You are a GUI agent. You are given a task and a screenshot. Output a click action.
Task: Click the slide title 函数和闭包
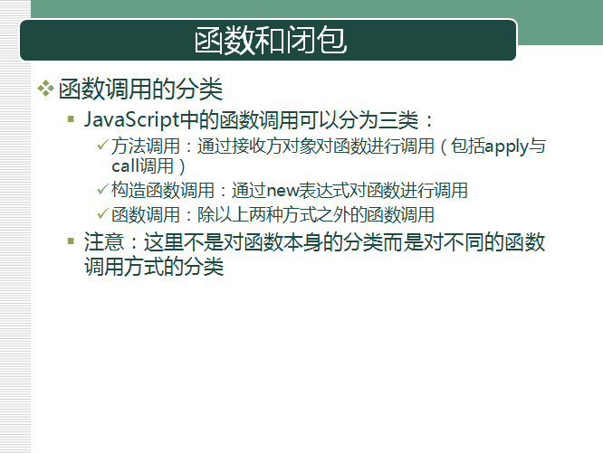point(271,40)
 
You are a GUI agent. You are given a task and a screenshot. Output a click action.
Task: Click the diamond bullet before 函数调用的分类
point(45,89)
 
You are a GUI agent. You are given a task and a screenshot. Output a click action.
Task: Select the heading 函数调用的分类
point(140,90)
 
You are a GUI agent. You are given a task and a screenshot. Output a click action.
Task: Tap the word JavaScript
point(132,119)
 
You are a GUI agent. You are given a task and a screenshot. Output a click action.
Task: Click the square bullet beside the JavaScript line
point(71,119)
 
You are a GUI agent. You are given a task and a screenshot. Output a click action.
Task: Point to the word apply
point(506,147)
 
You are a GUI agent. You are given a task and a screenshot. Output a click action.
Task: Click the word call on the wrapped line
point(125,166)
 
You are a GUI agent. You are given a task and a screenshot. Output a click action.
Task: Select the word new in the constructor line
point(282,191)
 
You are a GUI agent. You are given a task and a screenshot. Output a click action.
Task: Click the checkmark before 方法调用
point(102,145)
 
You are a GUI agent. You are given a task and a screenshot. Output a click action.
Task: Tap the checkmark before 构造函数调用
point(102,189)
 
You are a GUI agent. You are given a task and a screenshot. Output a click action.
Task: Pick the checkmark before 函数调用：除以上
point(102,213)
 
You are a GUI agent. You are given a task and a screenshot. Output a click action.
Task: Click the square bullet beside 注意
point(71,241)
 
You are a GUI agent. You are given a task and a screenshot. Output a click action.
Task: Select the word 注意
point(104,242)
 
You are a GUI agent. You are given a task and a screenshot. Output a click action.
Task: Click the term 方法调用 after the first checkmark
point(146,146)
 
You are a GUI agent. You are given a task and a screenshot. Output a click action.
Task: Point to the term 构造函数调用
point(163,191)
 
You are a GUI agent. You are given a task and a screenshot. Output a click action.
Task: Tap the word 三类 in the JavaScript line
point(398,120)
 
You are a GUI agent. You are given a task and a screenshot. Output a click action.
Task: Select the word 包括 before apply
point(467,146)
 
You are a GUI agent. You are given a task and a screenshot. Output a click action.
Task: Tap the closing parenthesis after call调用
point(182,167)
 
